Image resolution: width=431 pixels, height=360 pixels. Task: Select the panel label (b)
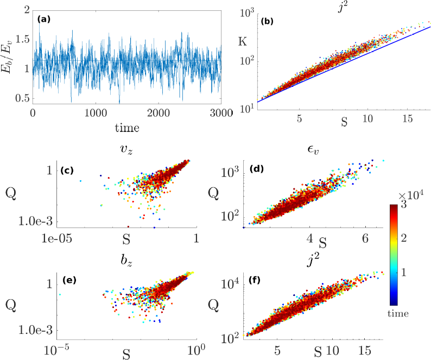(267, 22)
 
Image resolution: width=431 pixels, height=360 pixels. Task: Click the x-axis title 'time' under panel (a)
(126, 129)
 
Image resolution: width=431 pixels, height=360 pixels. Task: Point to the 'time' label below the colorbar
(400, 313)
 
